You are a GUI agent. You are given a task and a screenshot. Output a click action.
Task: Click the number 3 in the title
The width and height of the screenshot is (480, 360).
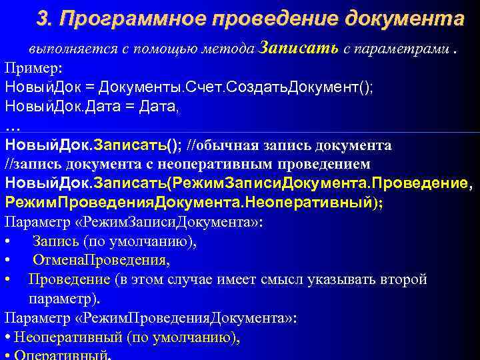coord(42,19)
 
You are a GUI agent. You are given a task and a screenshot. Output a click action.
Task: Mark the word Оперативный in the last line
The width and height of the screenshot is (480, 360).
coord(60,355)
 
